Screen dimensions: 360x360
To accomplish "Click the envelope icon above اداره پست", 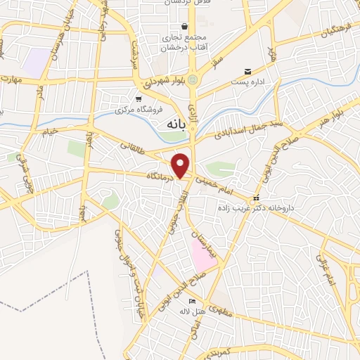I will [247, 72].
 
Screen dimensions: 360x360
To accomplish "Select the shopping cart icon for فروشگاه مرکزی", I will [139, 100].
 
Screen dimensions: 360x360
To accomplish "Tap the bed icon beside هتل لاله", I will [173, 302].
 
